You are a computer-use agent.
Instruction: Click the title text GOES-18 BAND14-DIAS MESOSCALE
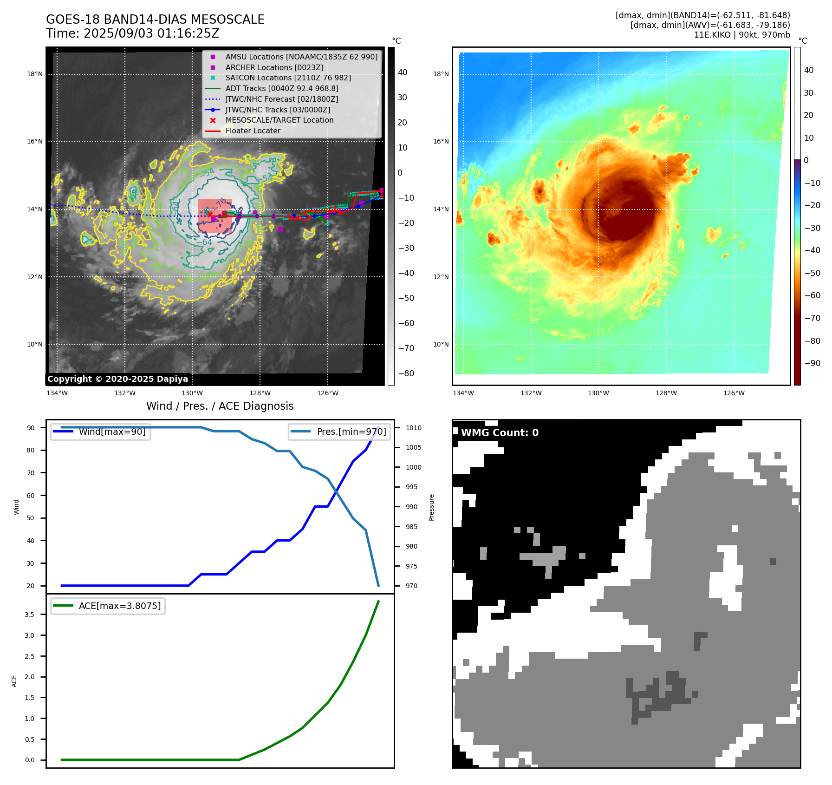155,20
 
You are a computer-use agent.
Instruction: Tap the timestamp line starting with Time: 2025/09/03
132,33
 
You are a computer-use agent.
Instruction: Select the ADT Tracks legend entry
281,88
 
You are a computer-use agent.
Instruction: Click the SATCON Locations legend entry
288,78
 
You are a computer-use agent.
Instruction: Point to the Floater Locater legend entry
253,131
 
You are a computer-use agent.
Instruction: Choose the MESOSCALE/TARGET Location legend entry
279,120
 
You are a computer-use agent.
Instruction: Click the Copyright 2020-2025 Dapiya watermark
117,379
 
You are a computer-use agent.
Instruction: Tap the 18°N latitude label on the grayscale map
35,74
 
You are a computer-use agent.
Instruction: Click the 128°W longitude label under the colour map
666,393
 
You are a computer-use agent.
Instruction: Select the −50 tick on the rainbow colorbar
812,273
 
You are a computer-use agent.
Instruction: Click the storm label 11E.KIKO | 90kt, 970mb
742,35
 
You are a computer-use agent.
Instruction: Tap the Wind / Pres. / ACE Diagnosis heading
220,406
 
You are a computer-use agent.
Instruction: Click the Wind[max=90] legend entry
112,432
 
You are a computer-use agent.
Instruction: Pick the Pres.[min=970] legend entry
351,432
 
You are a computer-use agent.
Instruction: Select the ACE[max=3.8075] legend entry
119,606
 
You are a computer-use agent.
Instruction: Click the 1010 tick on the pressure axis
413,428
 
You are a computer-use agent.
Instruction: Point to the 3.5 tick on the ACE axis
30,615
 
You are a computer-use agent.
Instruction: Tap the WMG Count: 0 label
500,433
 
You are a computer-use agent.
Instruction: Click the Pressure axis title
432,507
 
